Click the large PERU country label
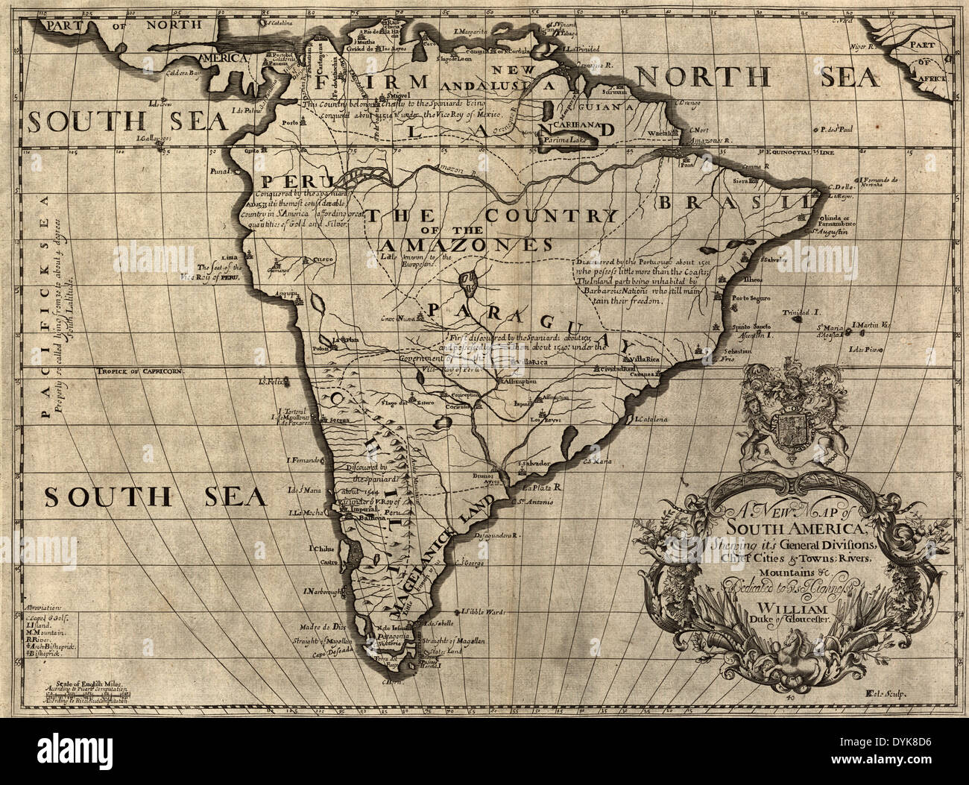point(285,182)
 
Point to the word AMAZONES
point(467,245)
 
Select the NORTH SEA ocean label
point(756,77)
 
